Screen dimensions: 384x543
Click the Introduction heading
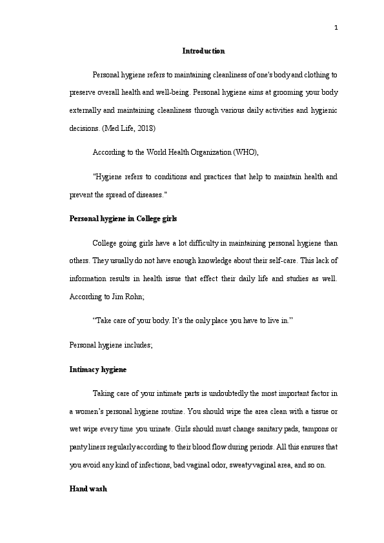coord(203,51)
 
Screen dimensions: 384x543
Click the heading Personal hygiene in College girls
coord(123,219)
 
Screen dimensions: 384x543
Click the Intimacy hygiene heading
coord(97,370)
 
